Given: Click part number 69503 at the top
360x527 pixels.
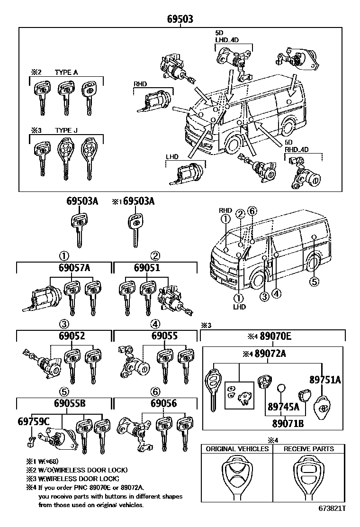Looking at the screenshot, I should (180, 19).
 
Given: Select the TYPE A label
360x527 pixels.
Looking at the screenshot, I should (66, 72).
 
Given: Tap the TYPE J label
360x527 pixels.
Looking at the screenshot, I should (66, 130).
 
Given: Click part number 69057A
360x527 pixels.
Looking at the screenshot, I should (74, 268).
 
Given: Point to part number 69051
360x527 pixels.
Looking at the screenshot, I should (147, 268).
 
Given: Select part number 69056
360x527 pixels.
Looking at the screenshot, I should (164, 404).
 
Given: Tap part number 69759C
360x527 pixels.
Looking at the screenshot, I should (34, 421).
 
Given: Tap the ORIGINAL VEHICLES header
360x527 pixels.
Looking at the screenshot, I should (237, 449).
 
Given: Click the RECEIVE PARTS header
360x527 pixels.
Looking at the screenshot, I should (308, 449).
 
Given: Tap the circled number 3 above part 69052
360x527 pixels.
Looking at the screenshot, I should (64, 324).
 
